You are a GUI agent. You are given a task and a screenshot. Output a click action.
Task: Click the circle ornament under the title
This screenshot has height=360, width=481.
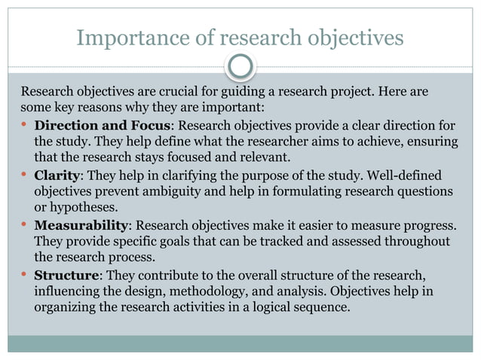coord(240,68)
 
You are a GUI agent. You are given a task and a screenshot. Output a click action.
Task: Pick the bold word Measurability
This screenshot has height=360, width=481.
coord(81,226)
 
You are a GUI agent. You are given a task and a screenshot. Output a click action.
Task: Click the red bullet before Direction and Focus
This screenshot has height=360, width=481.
coord(25,124)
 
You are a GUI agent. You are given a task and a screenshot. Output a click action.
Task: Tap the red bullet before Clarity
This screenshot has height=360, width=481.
coord(25,174)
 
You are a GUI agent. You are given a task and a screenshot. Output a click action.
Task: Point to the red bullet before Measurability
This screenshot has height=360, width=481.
coord(25,225)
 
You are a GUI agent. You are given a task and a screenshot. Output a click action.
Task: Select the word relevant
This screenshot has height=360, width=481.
coord(264,157)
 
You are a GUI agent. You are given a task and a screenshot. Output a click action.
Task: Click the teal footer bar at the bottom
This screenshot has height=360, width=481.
coord(240,343)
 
